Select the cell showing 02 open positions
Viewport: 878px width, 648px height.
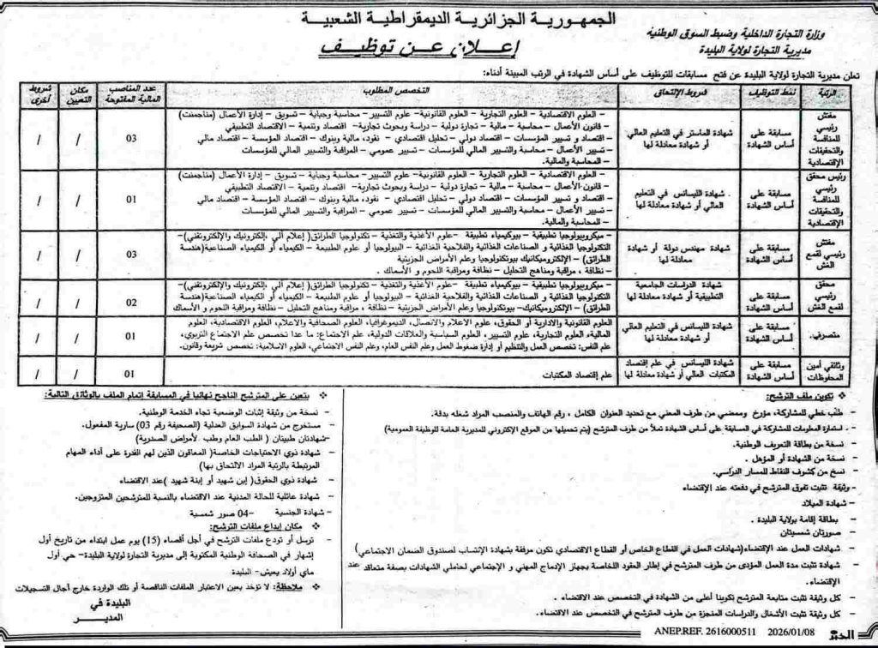pyautogui.click(x=130, y=303)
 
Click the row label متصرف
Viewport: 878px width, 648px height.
pyautogui.click(x=825, y=338)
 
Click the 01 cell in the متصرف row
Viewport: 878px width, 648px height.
pyautogui.click(x=130, y=338)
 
